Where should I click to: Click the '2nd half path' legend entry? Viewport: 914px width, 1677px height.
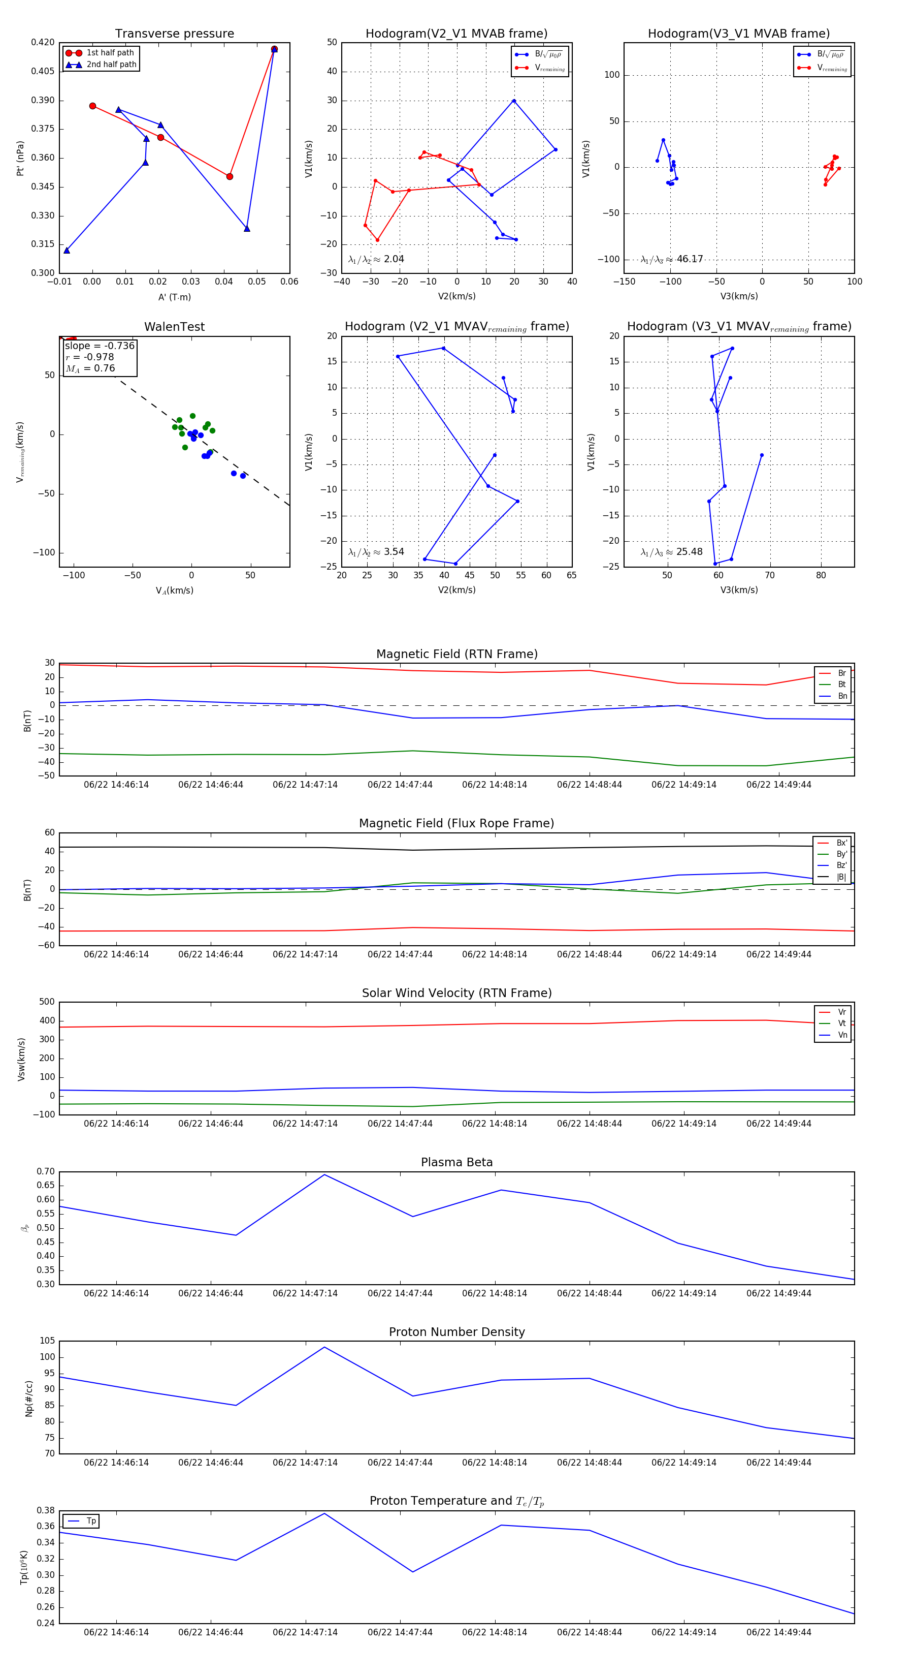coord(111,65)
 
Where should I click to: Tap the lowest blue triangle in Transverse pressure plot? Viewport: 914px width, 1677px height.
coord(67,251)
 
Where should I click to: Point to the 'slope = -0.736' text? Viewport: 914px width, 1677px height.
coord(100,346)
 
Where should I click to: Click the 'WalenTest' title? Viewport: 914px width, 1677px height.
coord(174,327)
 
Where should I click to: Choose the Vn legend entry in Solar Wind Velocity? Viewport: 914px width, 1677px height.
coord(842,1035)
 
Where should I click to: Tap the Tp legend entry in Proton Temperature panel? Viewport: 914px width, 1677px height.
coord(91,1521)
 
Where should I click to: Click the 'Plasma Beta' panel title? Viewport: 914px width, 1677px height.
coord(456,1162)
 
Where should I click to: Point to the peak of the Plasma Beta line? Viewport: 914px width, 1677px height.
coord(324,1174)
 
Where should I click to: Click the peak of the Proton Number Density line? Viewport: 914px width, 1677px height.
coord(324,1347)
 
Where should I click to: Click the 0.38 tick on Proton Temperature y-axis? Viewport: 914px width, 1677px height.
coord(46,1510)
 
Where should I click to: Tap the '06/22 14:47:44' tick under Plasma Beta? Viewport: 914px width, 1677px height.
coord(400,1293)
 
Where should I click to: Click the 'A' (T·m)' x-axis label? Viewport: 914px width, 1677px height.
coord(174,297)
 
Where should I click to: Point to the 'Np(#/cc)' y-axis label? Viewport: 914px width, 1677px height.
coord(28,1397)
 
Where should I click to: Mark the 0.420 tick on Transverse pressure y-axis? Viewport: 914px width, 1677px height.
coord(43,42)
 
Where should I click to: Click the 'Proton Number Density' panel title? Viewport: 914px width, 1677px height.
coord(456,1332)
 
